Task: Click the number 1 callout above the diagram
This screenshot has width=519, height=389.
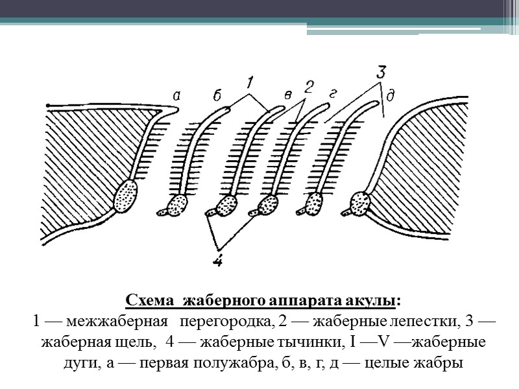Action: [x=250, y=83]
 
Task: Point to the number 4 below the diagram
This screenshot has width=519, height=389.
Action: [x=219, y=261]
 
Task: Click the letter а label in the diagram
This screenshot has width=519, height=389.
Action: [x=176, y=96]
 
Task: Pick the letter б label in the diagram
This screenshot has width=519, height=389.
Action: [x=217, y=97]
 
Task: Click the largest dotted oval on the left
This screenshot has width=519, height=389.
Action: [x=127, y=196]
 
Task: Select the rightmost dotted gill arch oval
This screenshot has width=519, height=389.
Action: [x=359, y=202]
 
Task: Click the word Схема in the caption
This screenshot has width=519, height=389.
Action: [x=149, y=301]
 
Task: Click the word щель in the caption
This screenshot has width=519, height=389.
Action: [x=136, y=340]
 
